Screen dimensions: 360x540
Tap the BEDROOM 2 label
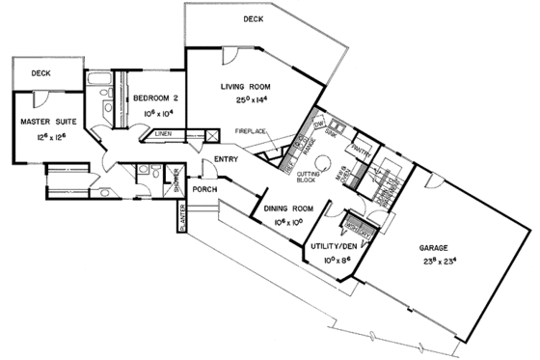click(x=152, y=97)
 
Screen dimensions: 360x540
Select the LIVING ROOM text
click(x=246, y=87)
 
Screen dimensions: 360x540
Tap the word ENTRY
click(x=227, y=159)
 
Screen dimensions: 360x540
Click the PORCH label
click(x=204, y=189)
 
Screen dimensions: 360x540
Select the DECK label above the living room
click(x=254, y=18)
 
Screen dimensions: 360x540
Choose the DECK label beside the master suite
click(x=40, y=72)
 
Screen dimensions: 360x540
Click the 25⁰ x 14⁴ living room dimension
click(x=246, y=100)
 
